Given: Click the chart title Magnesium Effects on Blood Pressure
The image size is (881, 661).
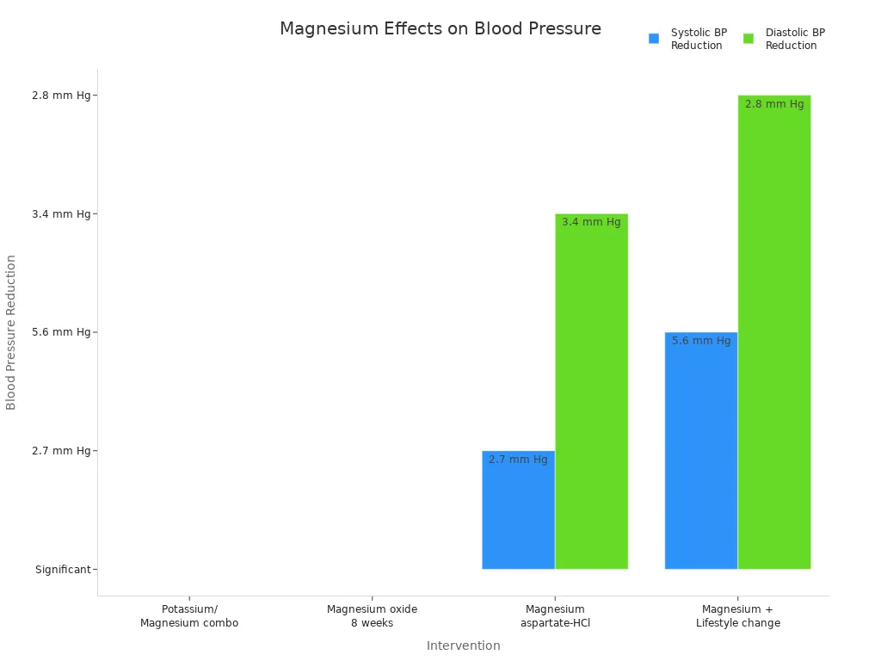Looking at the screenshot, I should [x=440, y=29].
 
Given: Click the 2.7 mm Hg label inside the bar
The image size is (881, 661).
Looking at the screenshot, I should [x=518, y=460].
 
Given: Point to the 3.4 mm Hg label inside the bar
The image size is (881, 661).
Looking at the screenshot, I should [x=591, y=222].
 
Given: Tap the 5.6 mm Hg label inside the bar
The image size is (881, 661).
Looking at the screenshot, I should [x=701, y=341].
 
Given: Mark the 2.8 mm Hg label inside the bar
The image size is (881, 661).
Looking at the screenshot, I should [x=774, y=104].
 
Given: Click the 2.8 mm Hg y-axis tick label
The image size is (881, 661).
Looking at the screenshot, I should [x=60, y=96].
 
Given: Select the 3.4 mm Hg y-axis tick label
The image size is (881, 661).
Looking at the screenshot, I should [x=60, y=214].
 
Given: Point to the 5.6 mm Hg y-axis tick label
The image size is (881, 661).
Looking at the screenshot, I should [x=60, y=332].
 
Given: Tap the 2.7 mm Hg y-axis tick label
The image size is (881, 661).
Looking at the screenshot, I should [x=60, y=451].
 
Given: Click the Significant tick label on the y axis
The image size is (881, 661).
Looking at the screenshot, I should [x=63, y=570].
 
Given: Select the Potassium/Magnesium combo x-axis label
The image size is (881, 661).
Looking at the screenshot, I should [x=189, y=616].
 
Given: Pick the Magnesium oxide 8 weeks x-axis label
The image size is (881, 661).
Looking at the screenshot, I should [x=372, y=616].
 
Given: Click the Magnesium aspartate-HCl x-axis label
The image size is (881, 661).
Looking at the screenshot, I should [x=555, y=616].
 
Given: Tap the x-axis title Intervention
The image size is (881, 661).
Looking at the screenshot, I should [x=463, y=646].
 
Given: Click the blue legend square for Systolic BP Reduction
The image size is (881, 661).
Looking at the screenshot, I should [x=654, y=39].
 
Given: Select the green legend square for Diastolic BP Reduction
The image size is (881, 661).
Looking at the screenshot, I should [x=749, y=39].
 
